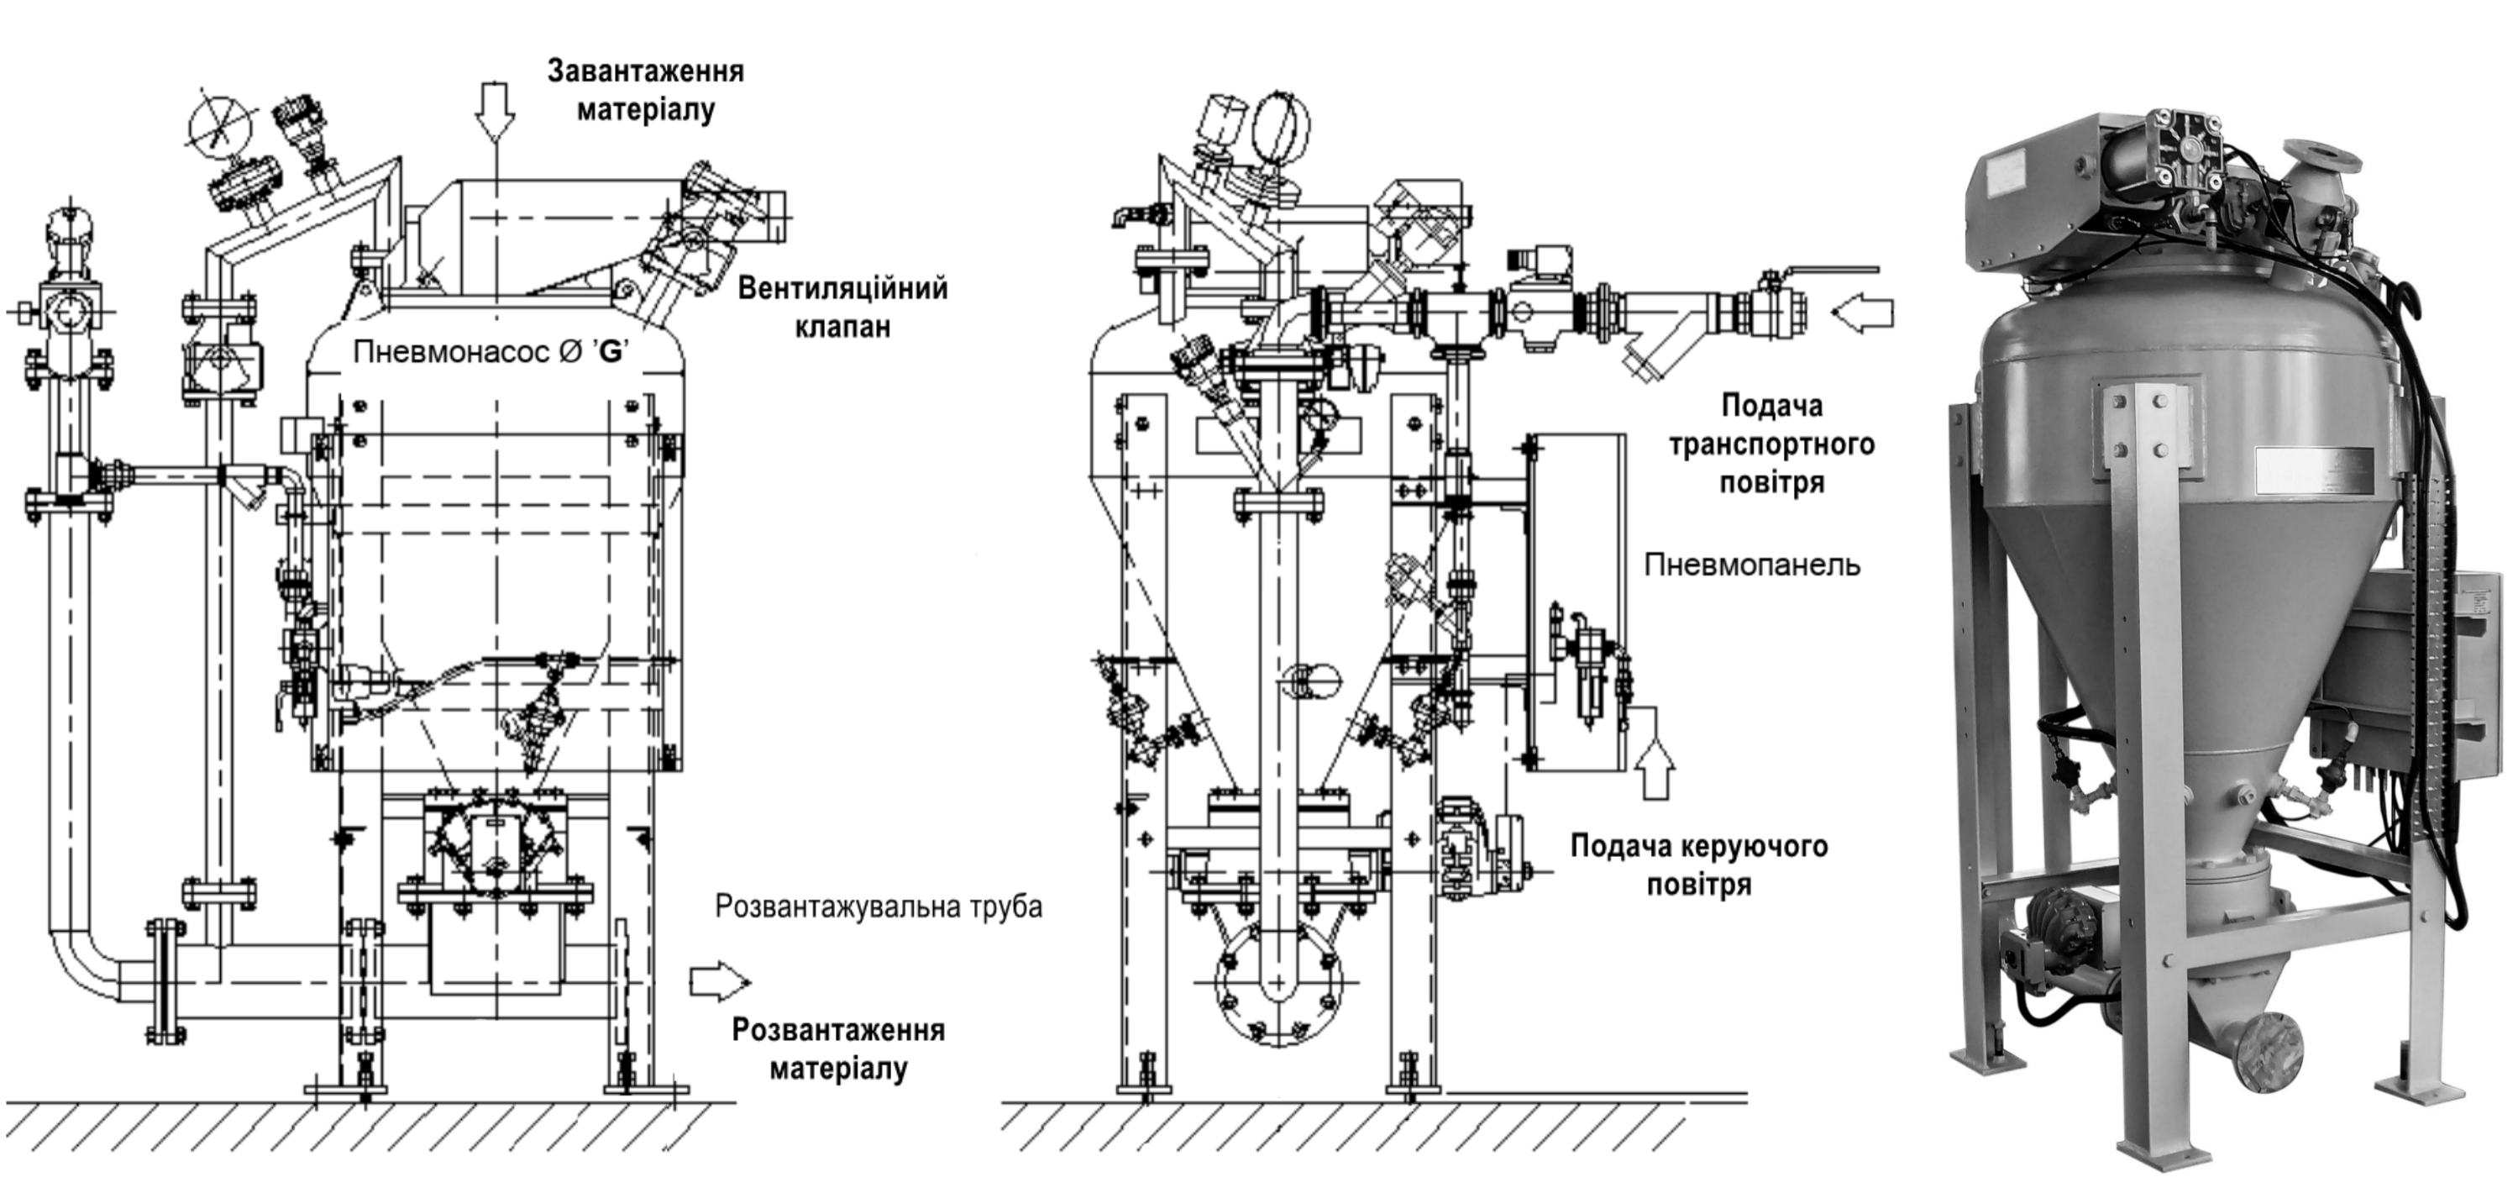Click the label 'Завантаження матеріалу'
coord(645,90)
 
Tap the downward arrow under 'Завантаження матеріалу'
coord(495,109)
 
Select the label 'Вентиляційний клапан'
coord(842,307)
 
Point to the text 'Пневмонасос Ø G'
coord(490,351)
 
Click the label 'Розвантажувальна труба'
coord(879,907)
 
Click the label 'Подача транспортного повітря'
coord(1771,443)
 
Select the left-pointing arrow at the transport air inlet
coord(1863,313)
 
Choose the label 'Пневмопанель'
coord(1752,565)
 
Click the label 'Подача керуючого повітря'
coord(1699,865)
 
